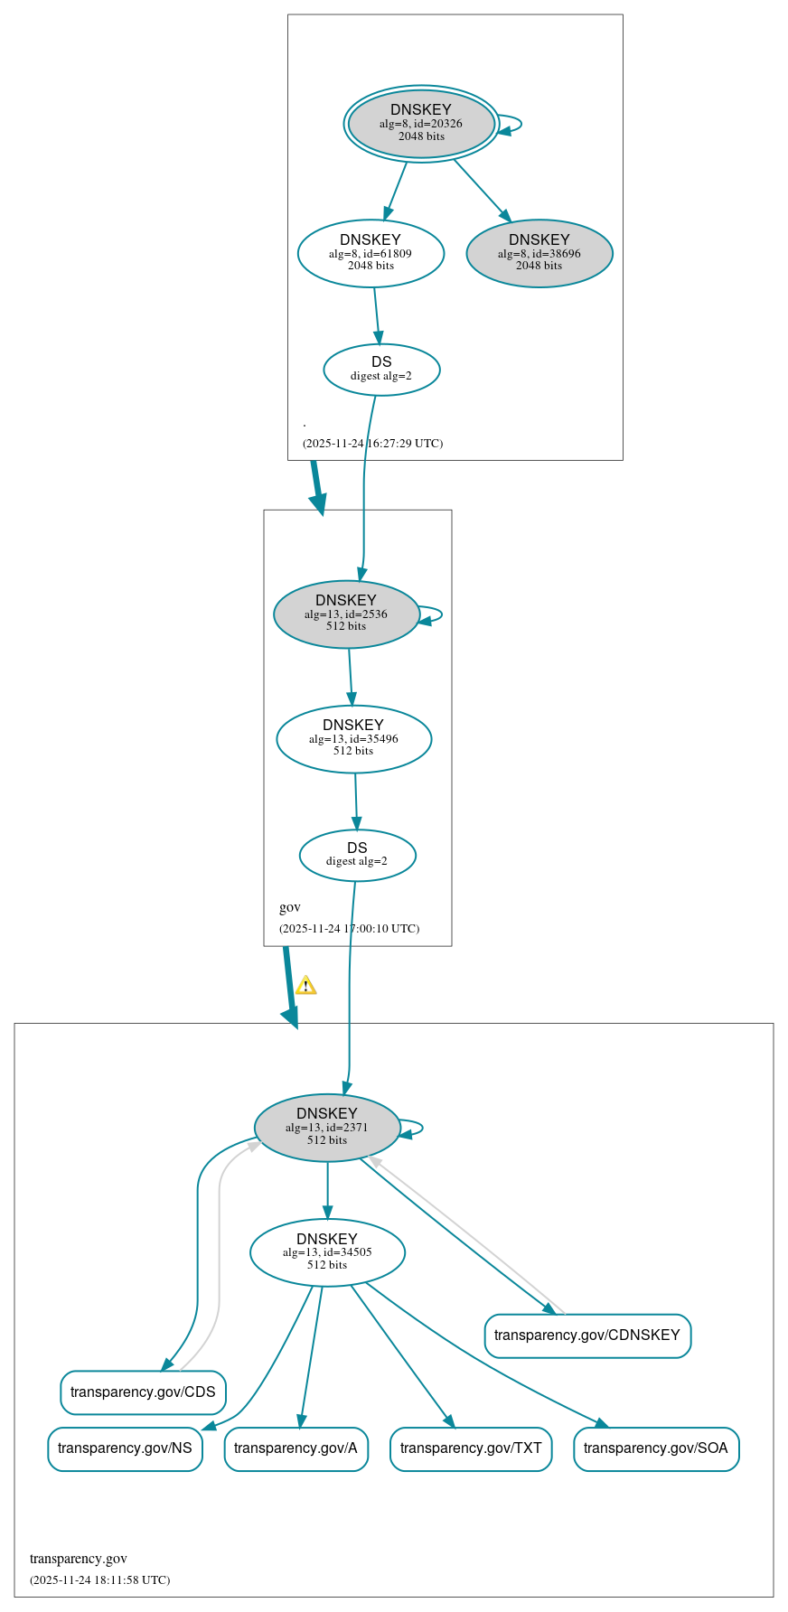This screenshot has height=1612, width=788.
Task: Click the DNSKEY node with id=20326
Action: tap(421, 124)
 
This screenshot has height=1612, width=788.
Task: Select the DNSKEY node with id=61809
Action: tap(371, 253)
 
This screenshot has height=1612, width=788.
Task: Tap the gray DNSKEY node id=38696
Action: tap(539, 253)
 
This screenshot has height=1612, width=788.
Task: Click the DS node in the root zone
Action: tap(381, 369)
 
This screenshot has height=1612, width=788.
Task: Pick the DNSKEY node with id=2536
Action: tap(346, 614)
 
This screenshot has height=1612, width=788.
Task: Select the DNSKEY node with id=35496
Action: tap(353, 738)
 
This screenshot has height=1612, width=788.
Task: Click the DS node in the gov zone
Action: tap(357, 855)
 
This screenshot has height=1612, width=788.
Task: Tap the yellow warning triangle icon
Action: tap(306, 985)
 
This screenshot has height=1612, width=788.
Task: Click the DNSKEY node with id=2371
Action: tap(327, 1127)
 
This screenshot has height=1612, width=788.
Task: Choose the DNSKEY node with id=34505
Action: tap(327, 1251)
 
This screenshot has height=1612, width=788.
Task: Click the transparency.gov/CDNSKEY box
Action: tap(587, 1335)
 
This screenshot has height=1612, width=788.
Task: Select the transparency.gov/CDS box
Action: tap(143, 1392)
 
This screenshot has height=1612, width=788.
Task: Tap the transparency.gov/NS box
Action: tap(125, 1448)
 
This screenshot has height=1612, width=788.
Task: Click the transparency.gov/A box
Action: tap(295, 1448)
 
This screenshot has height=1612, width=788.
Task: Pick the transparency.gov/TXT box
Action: tap(471, 1448)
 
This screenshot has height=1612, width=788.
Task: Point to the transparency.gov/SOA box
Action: tap(656, 1448)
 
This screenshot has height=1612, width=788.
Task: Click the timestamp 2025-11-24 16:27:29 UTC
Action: tap(372, 444)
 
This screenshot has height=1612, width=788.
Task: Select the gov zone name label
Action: tap(290, 907)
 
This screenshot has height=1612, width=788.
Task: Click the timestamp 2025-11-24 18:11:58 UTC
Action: tap(99, 1579)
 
